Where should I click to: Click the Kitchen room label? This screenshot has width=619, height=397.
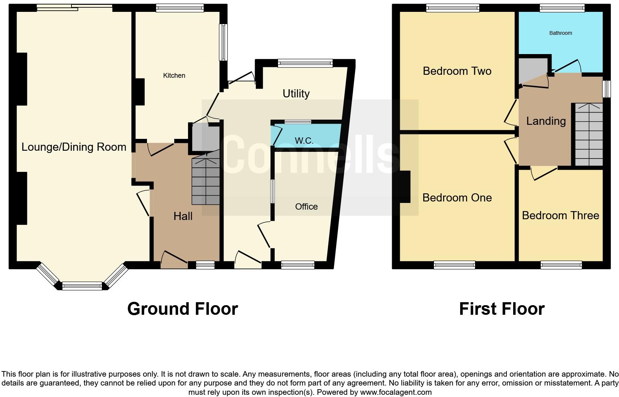[x=174, y=76]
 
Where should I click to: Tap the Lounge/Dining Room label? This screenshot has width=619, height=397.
[x=74, y=147]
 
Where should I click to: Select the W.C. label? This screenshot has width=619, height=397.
[x=304, y=141]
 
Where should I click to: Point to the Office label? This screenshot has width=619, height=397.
[x=306, y=207]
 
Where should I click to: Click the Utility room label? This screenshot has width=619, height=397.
[x=296, y=94]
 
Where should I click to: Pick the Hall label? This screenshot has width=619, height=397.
[x=183, y=216]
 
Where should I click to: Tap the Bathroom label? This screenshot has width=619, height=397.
[x=561, y=33]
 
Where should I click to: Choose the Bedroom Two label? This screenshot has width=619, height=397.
[x=457, y=71]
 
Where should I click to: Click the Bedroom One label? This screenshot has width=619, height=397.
[x=457, y=198]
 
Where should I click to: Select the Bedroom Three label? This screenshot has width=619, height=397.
[x=560, y=216]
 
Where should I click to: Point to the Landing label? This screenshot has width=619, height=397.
[x=546, y=121]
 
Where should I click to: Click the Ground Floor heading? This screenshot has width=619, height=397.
[x=183, y=309]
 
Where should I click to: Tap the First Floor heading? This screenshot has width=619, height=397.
[x=502, y=309]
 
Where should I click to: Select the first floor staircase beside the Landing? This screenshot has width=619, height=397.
[x=589, y=135]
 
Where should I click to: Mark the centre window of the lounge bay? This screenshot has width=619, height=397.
[x=82, y=286]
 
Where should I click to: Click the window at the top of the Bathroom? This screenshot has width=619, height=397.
[x=562, y=8]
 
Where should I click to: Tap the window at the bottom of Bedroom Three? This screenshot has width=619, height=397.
[x=561, y=265]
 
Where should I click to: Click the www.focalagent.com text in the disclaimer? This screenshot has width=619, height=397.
[x=396, y=392]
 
